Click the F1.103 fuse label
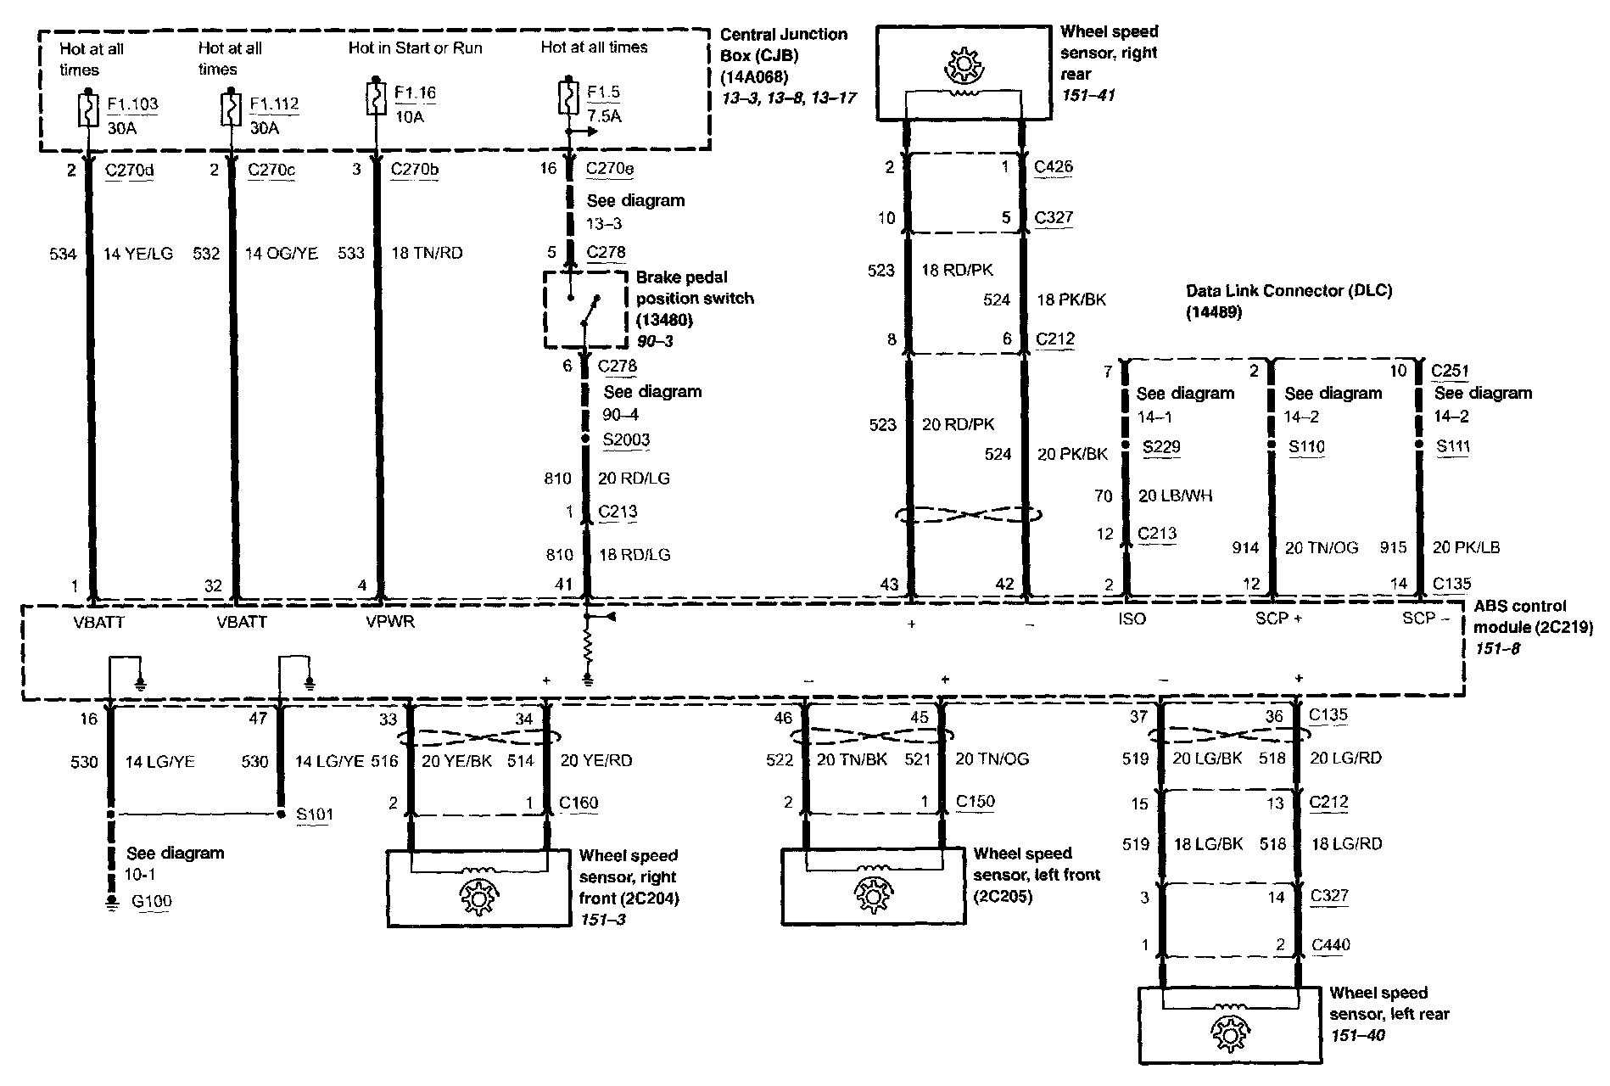pos(132,105)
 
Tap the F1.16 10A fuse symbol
pos(373,98)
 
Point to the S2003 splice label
pos(626,439)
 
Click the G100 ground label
pos(152,901)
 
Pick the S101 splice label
pos(315,814)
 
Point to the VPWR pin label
pos(389,622)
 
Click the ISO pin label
pos(1132,619)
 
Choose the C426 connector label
pos(1054,166)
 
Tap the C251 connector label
pos(1450,371)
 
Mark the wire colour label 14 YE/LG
pos(138,253)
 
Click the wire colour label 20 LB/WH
pos(1175,496)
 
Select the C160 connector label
pos(579,803)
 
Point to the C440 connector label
pos(1330,944)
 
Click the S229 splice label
pos(1161,447)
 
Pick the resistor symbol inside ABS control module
pos(586,650)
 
